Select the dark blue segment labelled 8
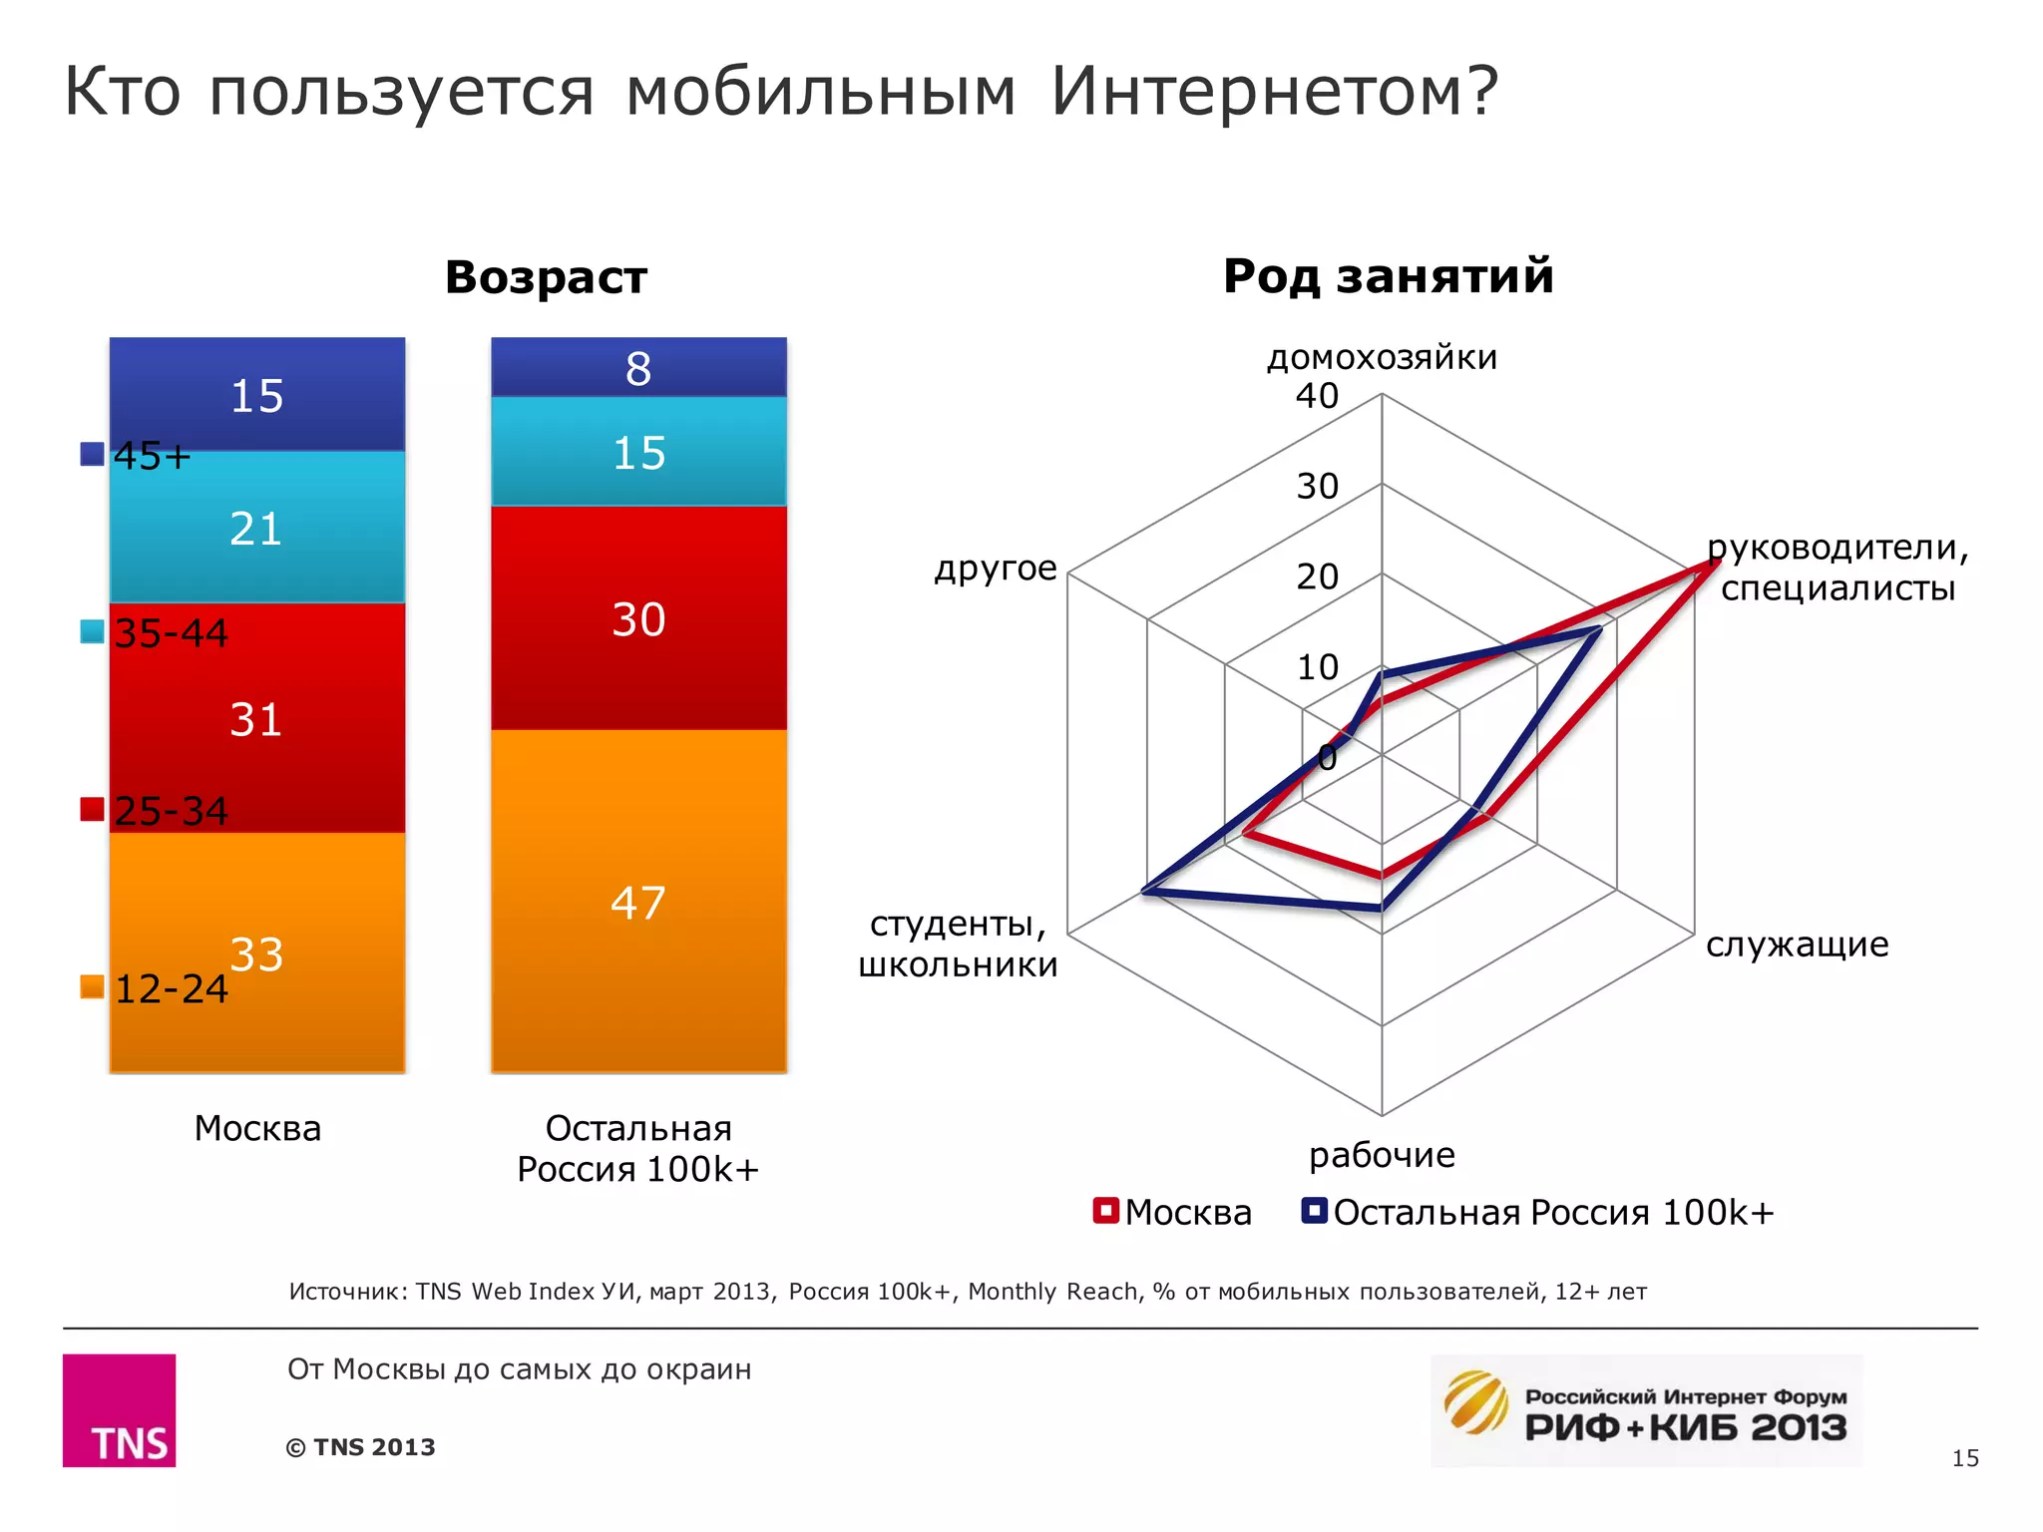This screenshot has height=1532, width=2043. click(638, 368)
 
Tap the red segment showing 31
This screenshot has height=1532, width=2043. click(256, 718)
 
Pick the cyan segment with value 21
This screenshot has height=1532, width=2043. click(256, 527)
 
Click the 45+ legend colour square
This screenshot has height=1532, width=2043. click(92, 455)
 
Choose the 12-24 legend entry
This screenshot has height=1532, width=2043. click(171, 988)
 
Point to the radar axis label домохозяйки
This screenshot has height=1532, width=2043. click(1382, 357)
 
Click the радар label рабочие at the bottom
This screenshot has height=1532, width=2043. click(1382, 1154)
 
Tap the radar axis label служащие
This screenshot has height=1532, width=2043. click(1797, 944)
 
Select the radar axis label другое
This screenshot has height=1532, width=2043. click(995, 568)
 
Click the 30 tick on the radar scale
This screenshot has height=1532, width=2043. click(1317, 487)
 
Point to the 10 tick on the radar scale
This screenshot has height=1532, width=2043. click(1317, 667)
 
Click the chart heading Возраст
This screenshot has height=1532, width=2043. click(546, 276)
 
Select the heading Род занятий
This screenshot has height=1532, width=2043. click(1388, 275)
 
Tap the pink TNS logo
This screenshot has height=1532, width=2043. click(119, 1409)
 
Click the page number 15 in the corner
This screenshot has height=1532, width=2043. click(1964, 1458)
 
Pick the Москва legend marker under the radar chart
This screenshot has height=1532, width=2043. click(1105, 1211)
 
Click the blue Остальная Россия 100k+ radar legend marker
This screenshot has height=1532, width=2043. click(1314, 1211)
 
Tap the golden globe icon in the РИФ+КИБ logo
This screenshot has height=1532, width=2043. click(1476, 1401)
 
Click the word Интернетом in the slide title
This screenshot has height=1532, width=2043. click(1274, 91)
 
